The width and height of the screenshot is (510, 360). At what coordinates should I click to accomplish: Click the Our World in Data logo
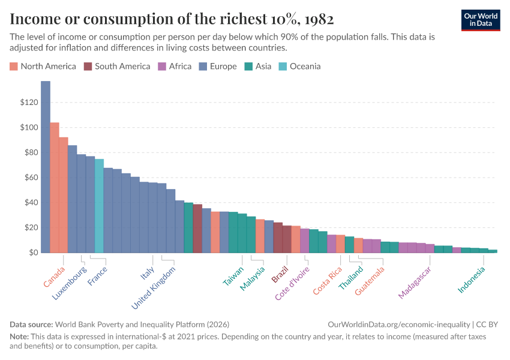[480, 19]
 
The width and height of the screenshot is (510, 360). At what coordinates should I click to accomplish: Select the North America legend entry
[43, 66]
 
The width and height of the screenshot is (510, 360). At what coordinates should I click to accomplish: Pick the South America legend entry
[117, 66]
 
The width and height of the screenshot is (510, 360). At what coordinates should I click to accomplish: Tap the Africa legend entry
[175, 66]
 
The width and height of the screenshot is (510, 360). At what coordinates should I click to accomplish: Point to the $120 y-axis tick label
[29, 103]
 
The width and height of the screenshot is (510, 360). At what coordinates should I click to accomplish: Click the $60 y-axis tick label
[31, 178]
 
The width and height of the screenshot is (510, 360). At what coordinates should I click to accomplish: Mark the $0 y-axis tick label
[33, 253]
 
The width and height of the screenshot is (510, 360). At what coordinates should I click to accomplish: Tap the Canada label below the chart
[54, 277]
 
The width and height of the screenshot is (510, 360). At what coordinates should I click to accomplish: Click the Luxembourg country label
[69, 284]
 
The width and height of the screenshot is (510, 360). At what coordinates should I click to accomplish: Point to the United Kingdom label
[154, 288]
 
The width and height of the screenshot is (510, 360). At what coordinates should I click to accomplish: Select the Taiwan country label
[233, 276]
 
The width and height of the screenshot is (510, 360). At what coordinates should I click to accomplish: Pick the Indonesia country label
[472, 280]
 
